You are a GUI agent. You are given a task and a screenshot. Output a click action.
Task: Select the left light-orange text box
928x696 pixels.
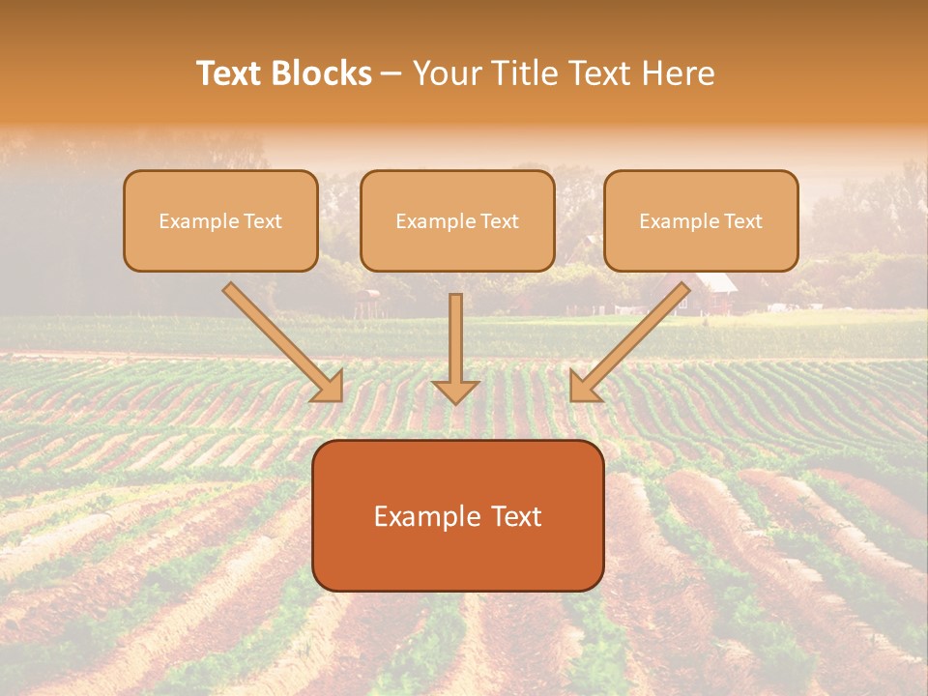pos(220,220)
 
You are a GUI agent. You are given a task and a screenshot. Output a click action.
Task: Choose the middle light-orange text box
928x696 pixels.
pos(457,220)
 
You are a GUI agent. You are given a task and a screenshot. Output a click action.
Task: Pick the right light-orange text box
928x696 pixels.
pos(701,220)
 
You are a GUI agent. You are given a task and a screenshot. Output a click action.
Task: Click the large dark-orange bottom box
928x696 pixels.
pos(457,515)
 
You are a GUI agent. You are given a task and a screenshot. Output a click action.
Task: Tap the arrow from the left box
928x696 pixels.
pos(280,338)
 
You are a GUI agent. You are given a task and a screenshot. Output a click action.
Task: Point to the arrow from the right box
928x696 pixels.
pos(633,338)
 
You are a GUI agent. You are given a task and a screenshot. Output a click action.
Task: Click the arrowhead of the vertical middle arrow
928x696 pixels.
pos(455,391)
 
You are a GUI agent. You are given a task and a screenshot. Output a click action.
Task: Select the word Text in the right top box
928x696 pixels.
pos(743,221)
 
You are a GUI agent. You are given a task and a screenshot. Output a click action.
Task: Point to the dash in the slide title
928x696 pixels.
pos(392,73)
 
